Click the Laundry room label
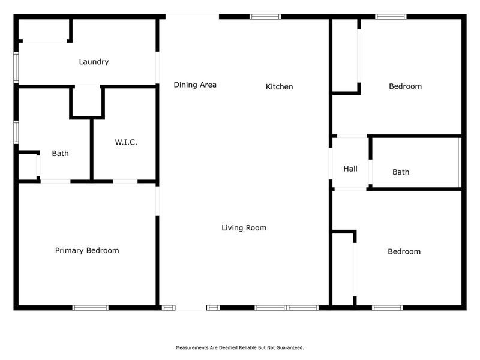[94, 61]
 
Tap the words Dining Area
[195, 85]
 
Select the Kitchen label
[279, 86]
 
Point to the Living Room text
[244, 227]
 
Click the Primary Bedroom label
[87, 250]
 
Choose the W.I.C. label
[126, 142]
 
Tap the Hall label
[350, 169]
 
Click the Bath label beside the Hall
[401, 172]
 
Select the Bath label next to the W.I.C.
[60, 153]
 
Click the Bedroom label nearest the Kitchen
[405, 86]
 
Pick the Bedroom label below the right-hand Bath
[404, 251]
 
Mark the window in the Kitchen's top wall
[265, 17]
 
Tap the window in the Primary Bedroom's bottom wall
[91, 308]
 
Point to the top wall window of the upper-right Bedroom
[391, 17]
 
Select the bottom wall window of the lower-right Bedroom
[387, 308]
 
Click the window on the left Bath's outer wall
[16, 132]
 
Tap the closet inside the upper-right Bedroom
[345, 55]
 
